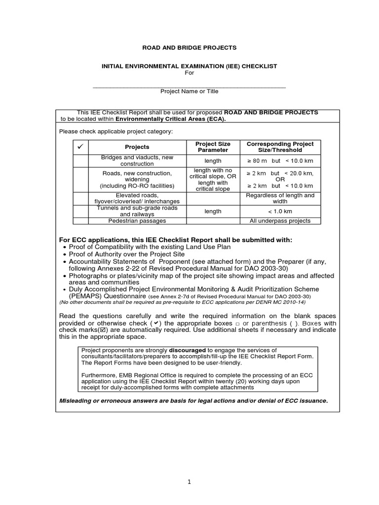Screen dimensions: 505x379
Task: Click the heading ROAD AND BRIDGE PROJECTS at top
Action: coord(189,48)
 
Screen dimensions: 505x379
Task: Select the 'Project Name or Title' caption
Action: coord(189,91)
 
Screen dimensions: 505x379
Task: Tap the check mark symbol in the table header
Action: coord(78,147)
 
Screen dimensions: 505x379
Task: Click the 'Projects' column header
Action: coord(137,147)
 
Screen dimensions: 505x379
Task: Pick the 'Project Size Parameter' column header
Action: coord(213,147)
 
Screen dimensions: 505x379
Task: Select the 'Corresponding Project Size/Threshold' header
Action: coord(280,147)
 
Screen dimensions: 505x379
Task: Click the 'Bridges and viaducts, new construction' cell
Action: coord(137,161)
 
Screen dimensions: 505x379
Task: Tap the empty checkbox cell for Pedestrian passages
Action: coord(78,221)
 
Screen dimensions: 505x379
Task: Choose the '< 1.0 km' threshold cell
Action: coord(280,211)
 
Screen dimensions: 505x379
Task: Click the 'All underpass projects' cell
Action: coord(280,221)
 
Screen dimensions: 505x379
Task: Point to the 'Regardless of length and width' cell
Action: coord(280,198)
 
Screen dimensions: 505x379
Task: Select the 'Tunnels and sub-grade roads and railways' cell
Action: coord(137,211)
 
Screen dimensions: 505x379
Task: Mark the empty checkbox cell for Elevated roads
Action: coord(78,198)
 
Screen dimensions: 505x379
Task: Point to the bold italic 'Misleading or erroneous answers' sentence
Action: coord(193,400)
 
